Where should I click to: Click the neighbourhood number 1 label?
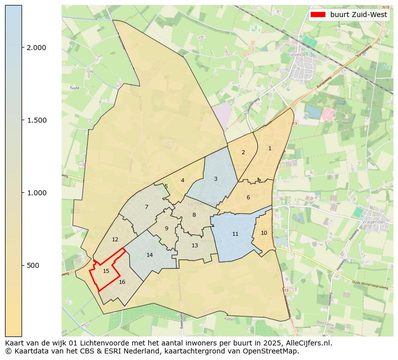point(270,148)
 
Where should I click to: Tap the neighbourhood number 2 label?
point(243,152)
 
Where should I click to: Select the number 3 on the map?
point(216,179)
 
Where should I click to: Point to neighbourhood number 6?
point(248,197)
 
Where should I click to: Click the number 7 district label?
point(146,207)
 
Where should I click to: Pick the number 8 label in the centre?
point(194,215)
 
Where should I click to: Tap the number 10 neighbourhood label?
point(264,233)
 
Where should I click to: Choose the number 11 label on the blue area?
point(235,234)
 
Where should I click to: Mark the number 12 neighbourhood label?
point(115,239)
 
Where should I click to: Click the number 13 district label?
point(194,245)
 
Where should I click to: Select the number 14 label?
point(149,255)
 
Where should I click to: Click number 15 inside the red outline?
point(106,271)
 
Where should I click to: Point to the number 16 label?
point(122,282)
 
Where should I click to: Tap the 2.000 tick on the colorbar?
point(36,48)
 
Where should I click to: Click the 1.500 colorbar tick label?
point(36,120)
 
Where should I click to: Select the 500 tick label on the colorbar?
point(33,265)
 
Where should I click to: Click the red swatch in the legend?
point(318,15)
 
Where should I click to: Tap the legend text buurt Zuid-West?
point(358,15)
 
